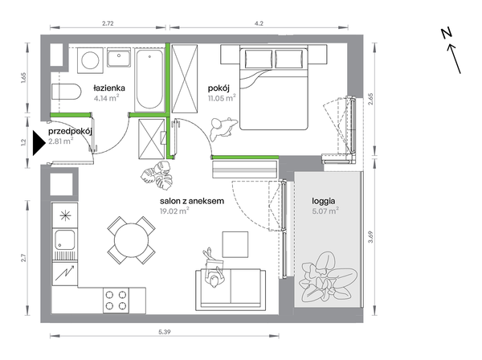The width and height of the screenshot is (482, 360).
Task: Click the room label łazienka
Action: pyautogui.click(x=109, y=88)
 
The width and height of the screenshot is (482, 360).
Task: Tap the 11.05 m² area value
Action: pyautogui.click(x=222, y=98)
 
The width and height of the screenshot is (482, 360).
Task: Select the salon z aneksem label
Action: pyautogui.click(x=192, y=201)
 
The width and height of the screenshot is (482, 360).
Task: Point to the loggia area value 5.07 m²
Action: pyautogui.click(x=325, y=211)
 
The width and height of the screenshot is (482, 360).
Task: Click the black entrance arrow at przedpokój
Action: pyautogui.click(x=39, y=143)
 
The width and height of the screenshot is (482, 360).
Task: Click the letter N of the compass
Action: pyautogui.click(x=447, y=33)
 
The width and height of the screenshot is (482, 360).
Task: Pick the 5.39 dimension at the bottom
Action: pyautogui.click(x=165, y=332)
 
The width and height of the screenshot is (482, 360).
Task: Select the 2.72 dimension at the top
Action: pyautogui.click(x=108, y=23)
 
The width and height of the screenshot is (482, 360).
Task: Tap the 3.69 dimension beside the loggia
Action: pyautogui.click(x=370, y=237)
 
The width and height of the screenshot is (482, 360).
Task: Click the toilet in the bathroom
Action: pyautogui.click(x=66, y=92)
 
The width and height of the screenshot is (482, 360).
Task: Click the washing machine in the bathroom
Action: pyautogui.click(x=90, y=60)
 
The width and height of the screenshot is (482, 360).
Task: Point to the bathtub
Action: pyautogui.click(x=149, y=80)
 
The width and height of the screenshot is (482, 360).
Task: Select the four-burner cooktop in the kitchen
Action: pyautogui.click(x=116, y=301)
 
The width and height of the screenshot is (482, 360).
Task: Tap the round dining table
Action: pyautogui.click(x=131, y=239)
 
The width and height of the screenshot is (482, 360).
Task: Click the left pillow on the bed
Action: pyautogui.click(x=258, y=59)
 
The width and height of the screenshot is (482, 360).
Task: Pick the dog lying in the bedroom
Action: pyautogui.click(x=223, y=128)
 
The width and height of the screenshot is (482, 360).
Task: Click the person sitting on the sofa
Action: pyautogui.click(x=213, y=268)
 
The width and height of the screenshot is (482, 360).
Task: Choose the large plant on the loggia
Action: pyautogui.click(x=329, y=276)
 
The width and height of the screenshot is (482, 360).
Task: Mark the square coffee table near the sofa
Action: pyautogui.click(x=235, y=244)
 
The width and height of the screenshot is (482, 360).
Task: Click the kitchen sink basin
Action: pyautogui.click(x=64, y=239)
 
